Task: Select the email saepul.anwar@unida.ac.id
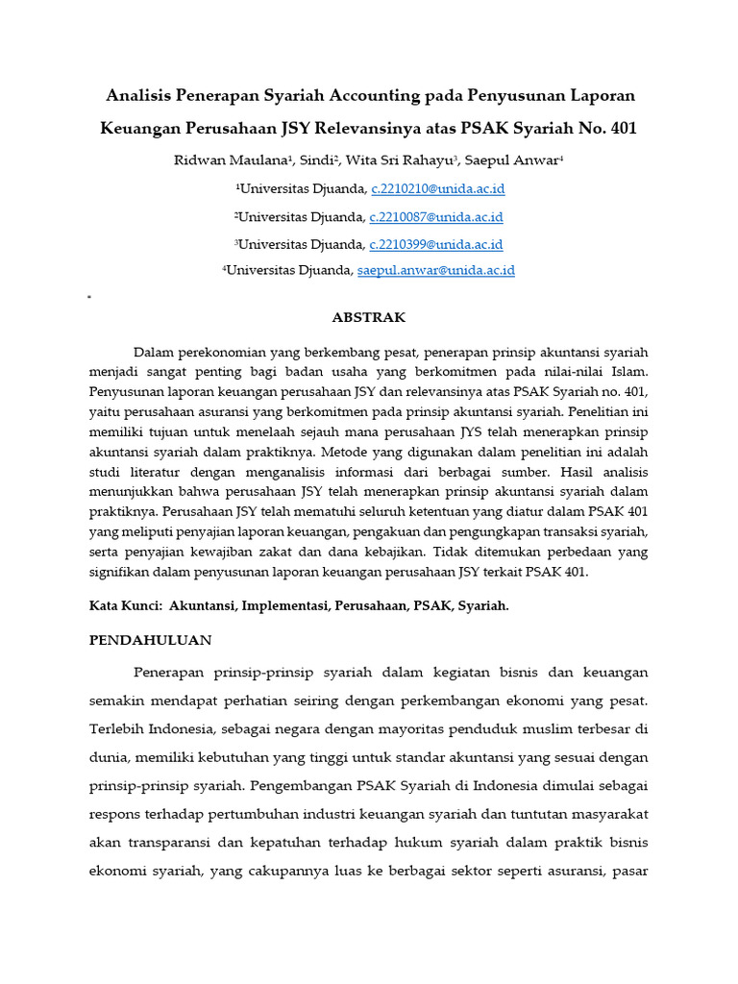click(x=436, y=271)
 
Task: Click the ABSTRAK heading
click(x=369, y=317)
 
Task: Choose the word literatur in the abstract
click(x=155, y=472)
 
